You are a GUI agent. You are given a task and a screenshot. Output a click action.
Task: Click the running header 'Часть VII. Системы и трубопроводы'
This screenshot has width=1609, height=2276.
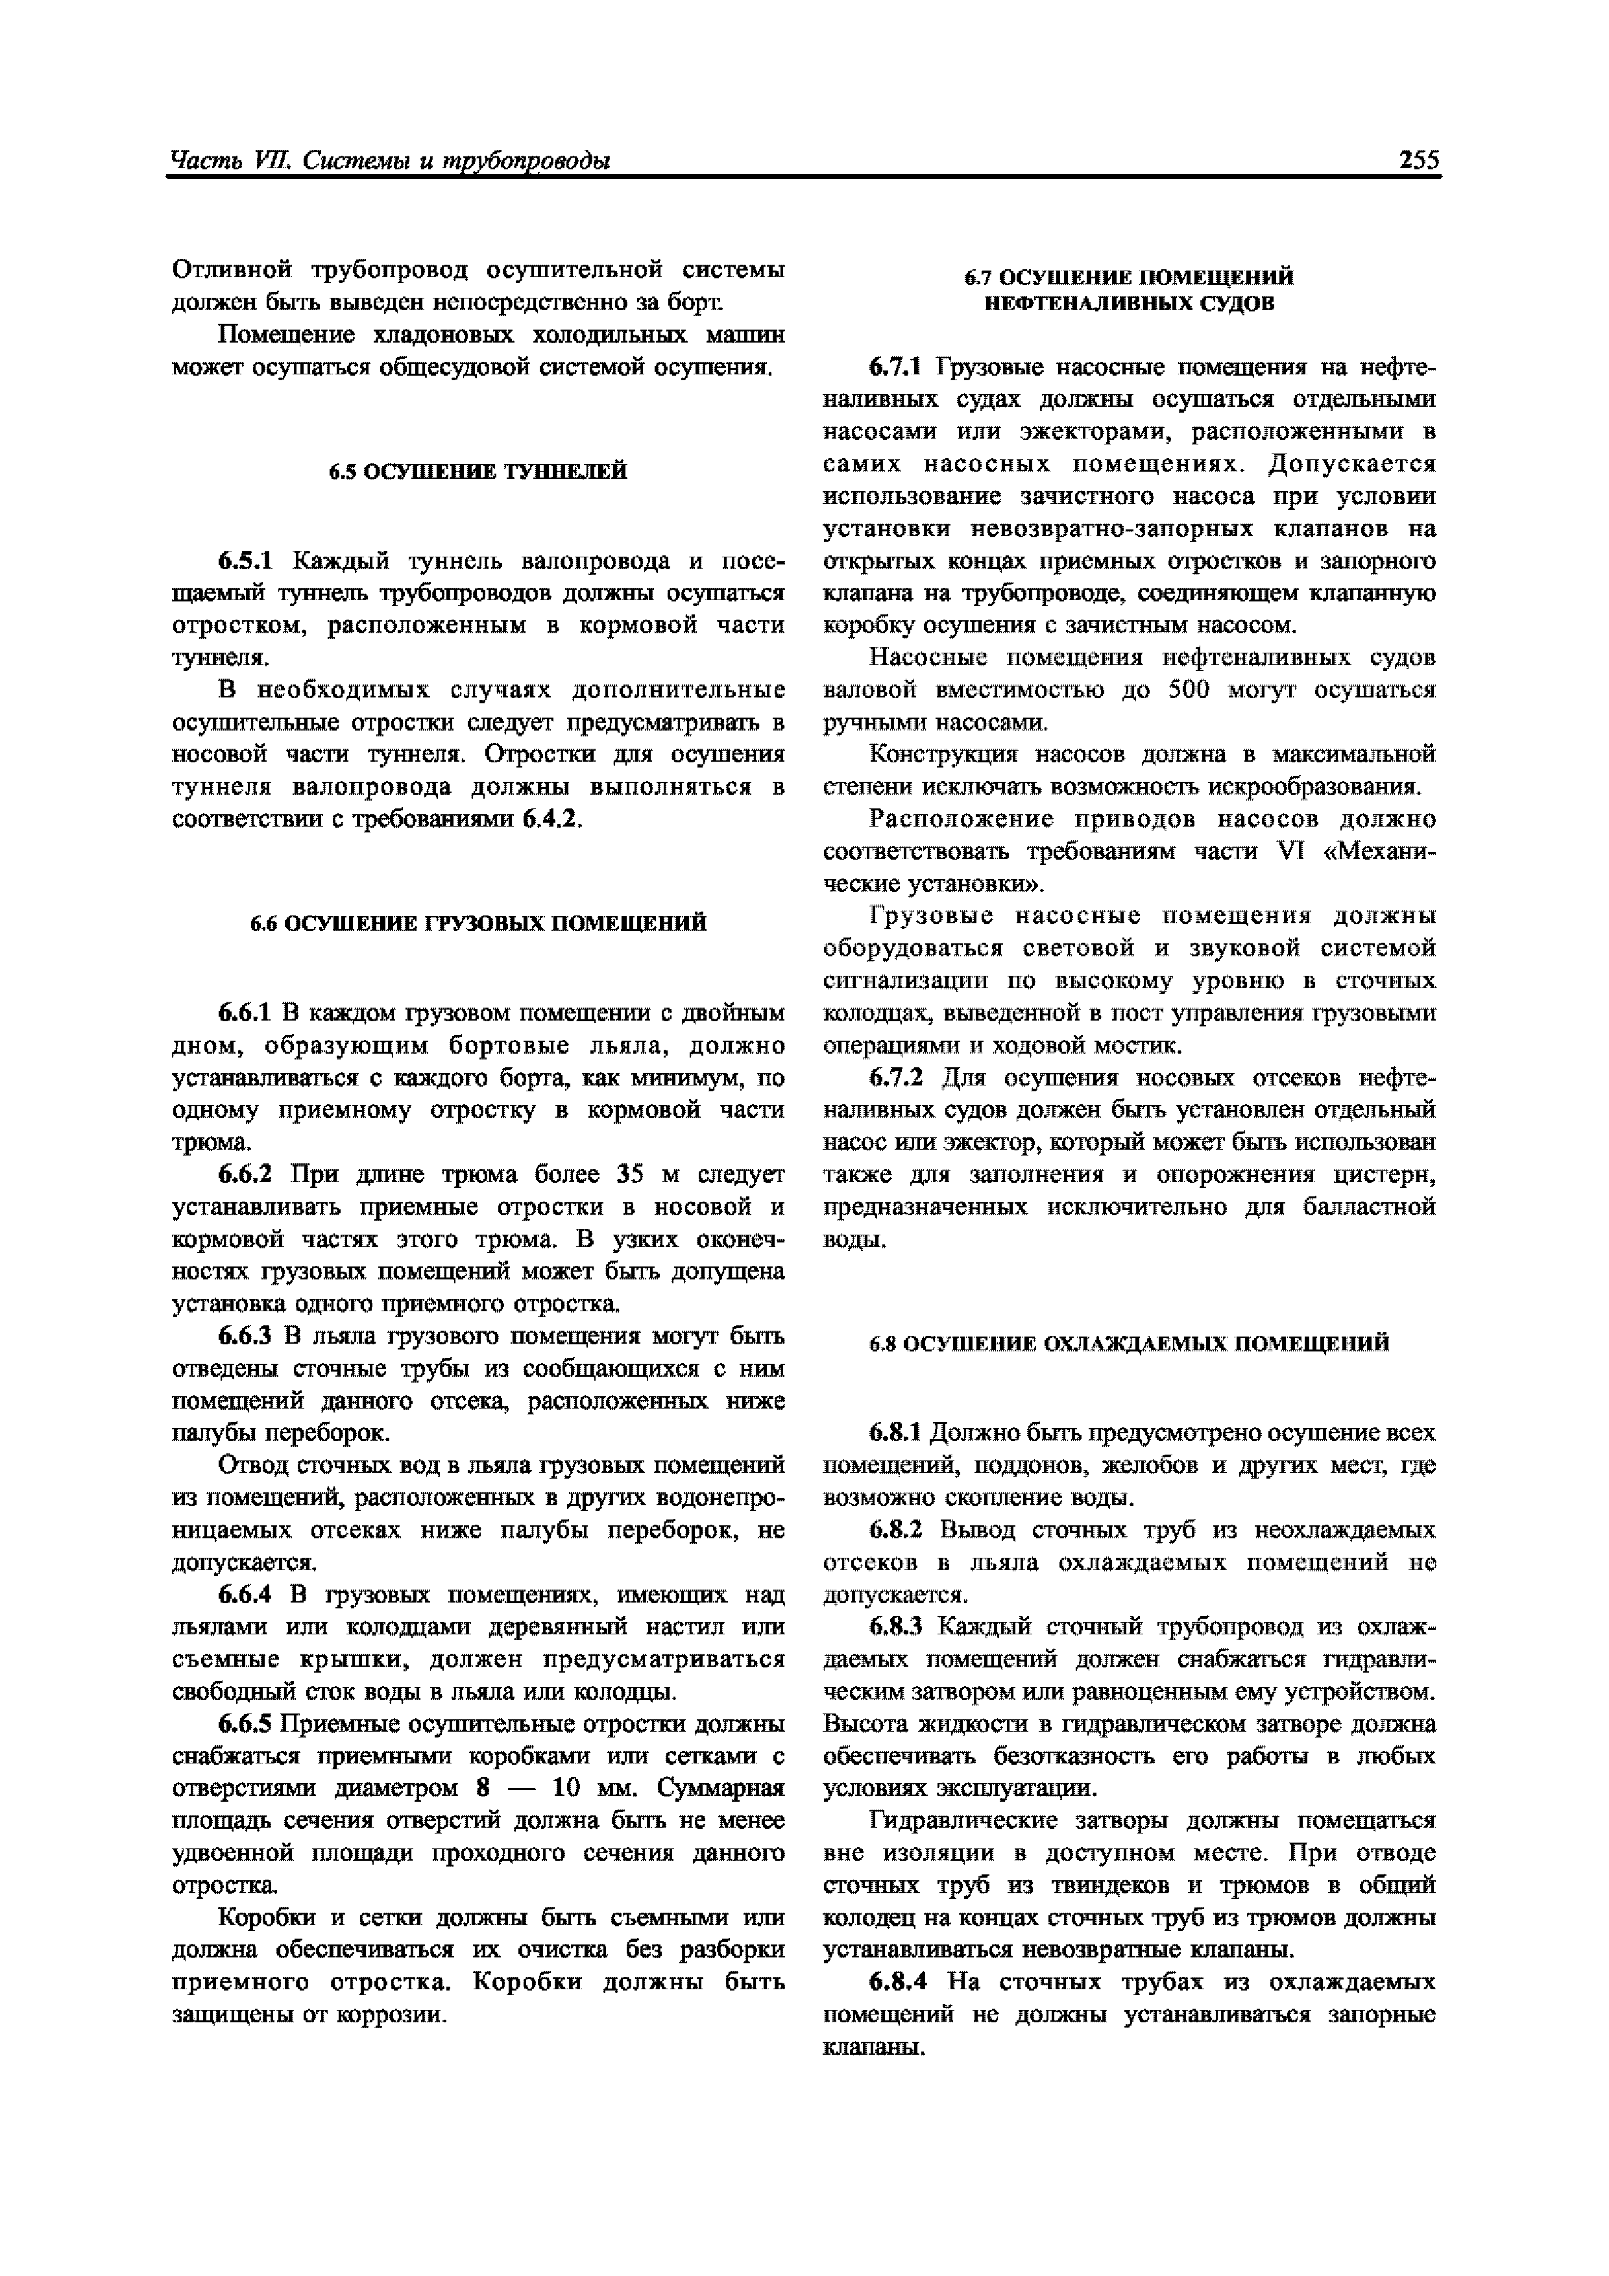point(390,160)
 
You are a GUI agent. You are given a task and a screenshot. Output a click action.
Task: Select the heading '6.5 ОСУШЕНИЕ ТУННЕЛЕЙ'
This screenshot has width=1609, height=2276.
point(478,472)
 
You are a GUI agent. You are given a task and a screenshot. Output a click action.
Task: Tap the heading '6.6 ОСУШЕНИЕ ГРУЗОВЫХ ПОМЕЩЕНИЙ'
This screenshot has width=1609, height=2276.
point(478,923)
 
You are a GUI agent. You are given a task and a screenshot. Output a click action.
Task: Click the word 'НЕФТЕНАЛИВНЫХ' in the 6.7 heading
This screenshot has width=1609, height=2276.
point(1089,304)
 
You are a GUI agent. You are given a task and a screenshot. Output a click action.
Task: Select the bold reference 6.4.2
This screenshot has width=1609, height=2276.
point(550,820)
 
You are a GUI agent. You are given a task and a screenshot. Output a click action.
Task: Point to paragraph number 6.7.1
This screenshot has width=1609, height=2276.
point(895,368)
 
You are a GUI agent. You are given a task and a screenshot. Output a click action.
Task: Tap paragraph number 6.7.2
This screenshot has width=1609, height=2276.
point(895,1078)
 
